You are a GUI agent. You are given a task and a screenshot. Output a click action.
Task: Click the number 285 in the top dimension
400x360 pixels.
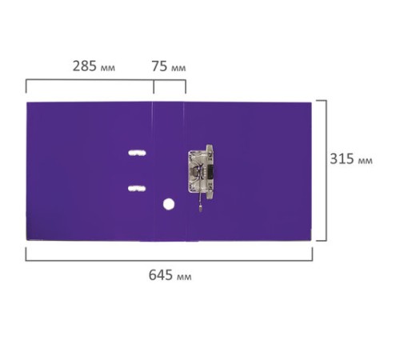[85, 66]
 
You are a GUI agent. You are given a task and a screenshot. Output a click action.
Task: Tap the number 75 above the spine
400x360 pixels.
[159, 66]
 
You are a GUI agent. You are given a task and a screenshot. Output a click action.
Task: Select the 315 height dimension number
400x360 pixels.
[342, 158]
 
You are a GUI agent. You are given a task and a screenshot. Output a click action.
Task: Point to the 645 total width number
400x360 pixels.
[161, 275]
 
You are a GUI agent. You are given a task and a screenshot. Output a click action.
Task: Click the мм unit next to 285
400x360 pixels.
[108, 68]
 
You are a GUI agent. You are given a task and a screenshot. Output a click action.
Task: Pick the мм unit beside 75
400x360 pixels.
[178, 68]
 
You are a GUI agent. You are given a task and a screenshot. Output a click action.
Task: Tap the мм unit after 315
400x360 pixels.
[365, 161]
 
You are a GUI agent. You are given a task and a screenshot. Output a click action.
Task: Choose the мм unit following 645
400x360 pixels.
[184, 277]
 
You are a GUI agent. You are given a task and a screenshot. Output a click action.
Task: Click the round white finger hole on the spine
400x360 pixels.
[169, 204]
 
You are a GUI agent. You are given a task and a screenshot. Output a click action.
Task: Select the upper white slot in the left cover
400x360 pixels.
[137, 153]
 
